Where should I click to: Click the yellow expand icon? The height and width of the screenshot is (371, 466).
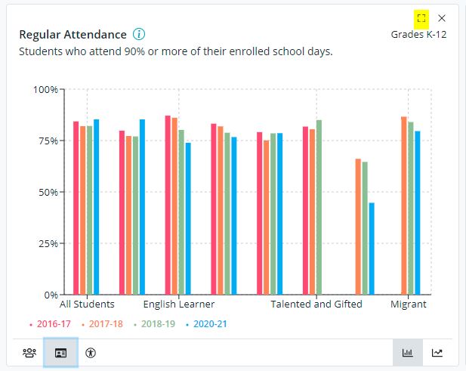pyautogui.click(x=421, y=17)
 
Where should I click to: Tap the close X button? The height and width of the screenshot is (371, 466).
pyautogui.click(x=442, y=17)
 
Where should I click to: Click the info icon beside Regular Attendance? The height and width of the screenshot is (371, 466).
pyautogui.click(x=139, y=35)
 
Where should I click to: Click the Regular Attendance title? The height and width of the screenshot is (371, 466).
pyautogui.click(x=73, y=35)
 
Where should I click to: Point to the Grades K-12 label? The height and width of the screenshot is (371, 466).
pyautogui.click(x=418, y=35)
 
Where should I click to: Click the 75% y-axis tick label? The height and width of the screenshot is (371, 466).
pyautogui.click(x=47, y=141)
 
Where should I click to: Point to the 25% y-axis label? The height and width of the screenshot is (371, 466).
pyautogui.click(x=47, y=243)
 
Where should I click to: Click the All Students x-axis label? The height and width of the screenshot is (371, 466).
pyautogui.click(x=87, y=305)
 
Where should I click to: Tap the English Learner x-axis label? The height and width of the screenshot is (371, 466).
pyautogui.click(x=179, y=305)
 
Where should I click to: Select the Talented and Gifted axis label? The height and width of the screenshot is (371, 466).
pyautogui.click(x=316, y=305)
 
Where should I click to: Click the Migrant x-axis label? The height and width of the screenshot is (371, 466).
pyautogui.click(x=408, y=305)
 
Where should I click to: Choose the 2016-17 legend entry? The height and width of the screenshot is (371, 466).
pyautogui.click(x=51, y=324)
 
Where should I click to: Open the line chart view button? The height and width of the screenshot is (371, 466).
pyautogui.click(x=437, y=352)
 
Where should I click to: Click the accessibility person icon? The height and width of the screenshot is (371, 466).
pyautogui.click(x=91, y=352)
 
